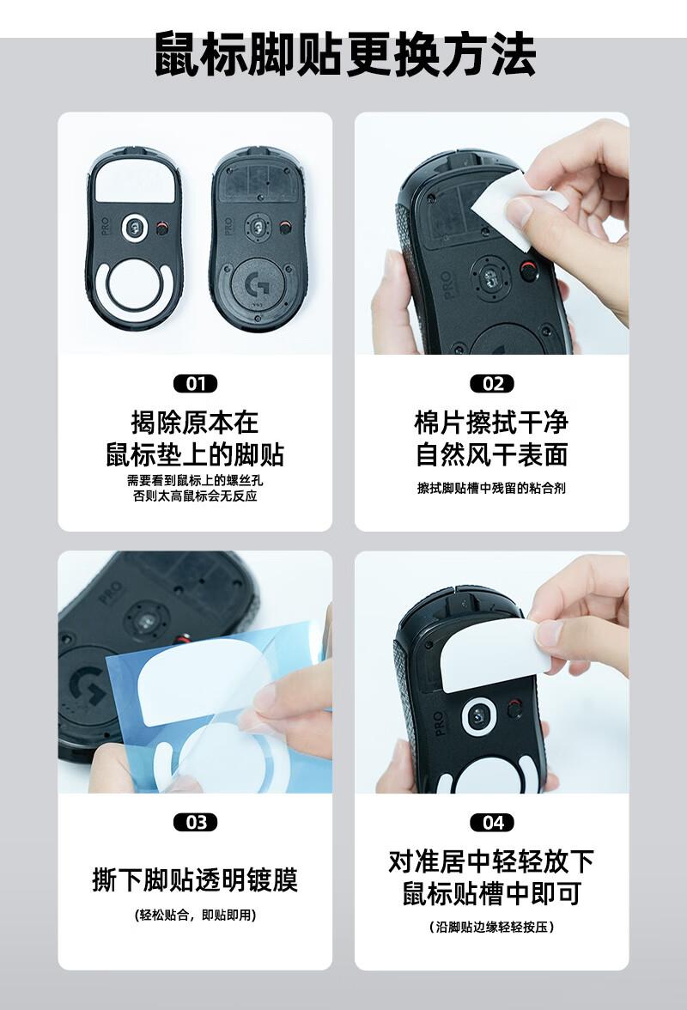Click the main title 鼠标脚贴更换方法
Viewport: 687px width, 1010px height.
pyautogui.click(x=345, y=54)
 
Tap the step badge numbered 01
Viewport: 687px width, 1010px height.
pyautogui.click(x=195, y=384)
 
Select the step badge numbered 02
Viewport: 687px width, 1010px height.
pyautogui.click(x=492, y=384)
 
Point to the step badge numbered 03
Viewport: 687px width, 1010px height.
pyautogui.click(x=195, y=823)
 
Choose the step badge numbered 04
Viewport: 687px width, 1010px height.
pyautogui.click(x=492, y=823)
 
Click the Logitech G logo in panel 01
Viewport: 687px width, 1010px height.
pyautogui.click(x=258, y=283)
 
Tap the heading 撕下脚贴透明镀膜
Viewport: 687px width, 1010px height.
pyautogui.click(x=195, y=879)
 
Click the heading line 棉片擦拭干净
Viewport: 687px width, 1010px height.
pyautogui.click(x=492, y=423)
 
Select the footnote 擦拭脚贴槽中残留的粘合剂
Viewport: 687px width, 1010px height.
pyautogui.click(x=492, y=488)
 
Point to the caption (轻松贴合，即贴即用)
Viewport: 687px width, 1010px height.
pyautogui.click(x=195, y=915)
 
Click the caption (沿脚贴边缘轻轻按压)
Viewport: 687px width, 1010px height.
pyautogui.click(x=492, y=927)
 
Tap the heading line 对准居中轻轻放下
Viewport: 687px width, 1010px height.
pyautogui.click(x=492, y=861)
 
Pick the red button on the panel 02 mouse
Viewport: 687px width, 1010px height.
pyautogui.click(x=527, y=271)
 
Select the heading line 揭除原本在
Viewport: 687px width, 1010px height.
pyautogui.click(x=195, y=423)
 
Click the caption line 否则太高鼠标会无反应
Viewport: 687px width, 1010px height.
pyautogui.click(x=195, y=496)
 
